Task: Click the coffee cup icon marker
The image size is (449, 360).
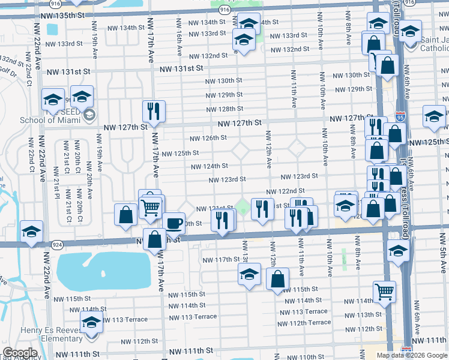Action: tap(173, 223)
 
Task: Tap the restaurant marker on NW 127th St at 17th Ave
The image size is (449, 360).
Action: tap(154, 112)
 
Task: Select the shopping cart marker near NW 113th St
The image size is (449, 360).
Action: tap(384, 292)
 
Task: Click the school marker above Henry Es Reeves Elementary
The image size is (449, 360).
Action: tap(91, 323)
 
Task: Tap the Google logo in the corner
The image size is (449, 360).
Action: tap(20, 353)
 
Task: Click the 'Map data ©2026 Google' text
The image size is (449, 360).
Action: tap(412, 355)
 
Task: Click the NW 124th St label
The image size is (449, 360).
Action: tap(209, 166)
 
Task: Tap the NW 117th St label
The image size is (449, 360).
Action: tap(220, 260)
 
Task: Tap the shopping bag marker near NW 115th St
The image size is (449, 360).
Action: tap(277, 279)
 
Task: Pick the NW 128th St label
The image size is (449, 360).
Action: tap(224, 109)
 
